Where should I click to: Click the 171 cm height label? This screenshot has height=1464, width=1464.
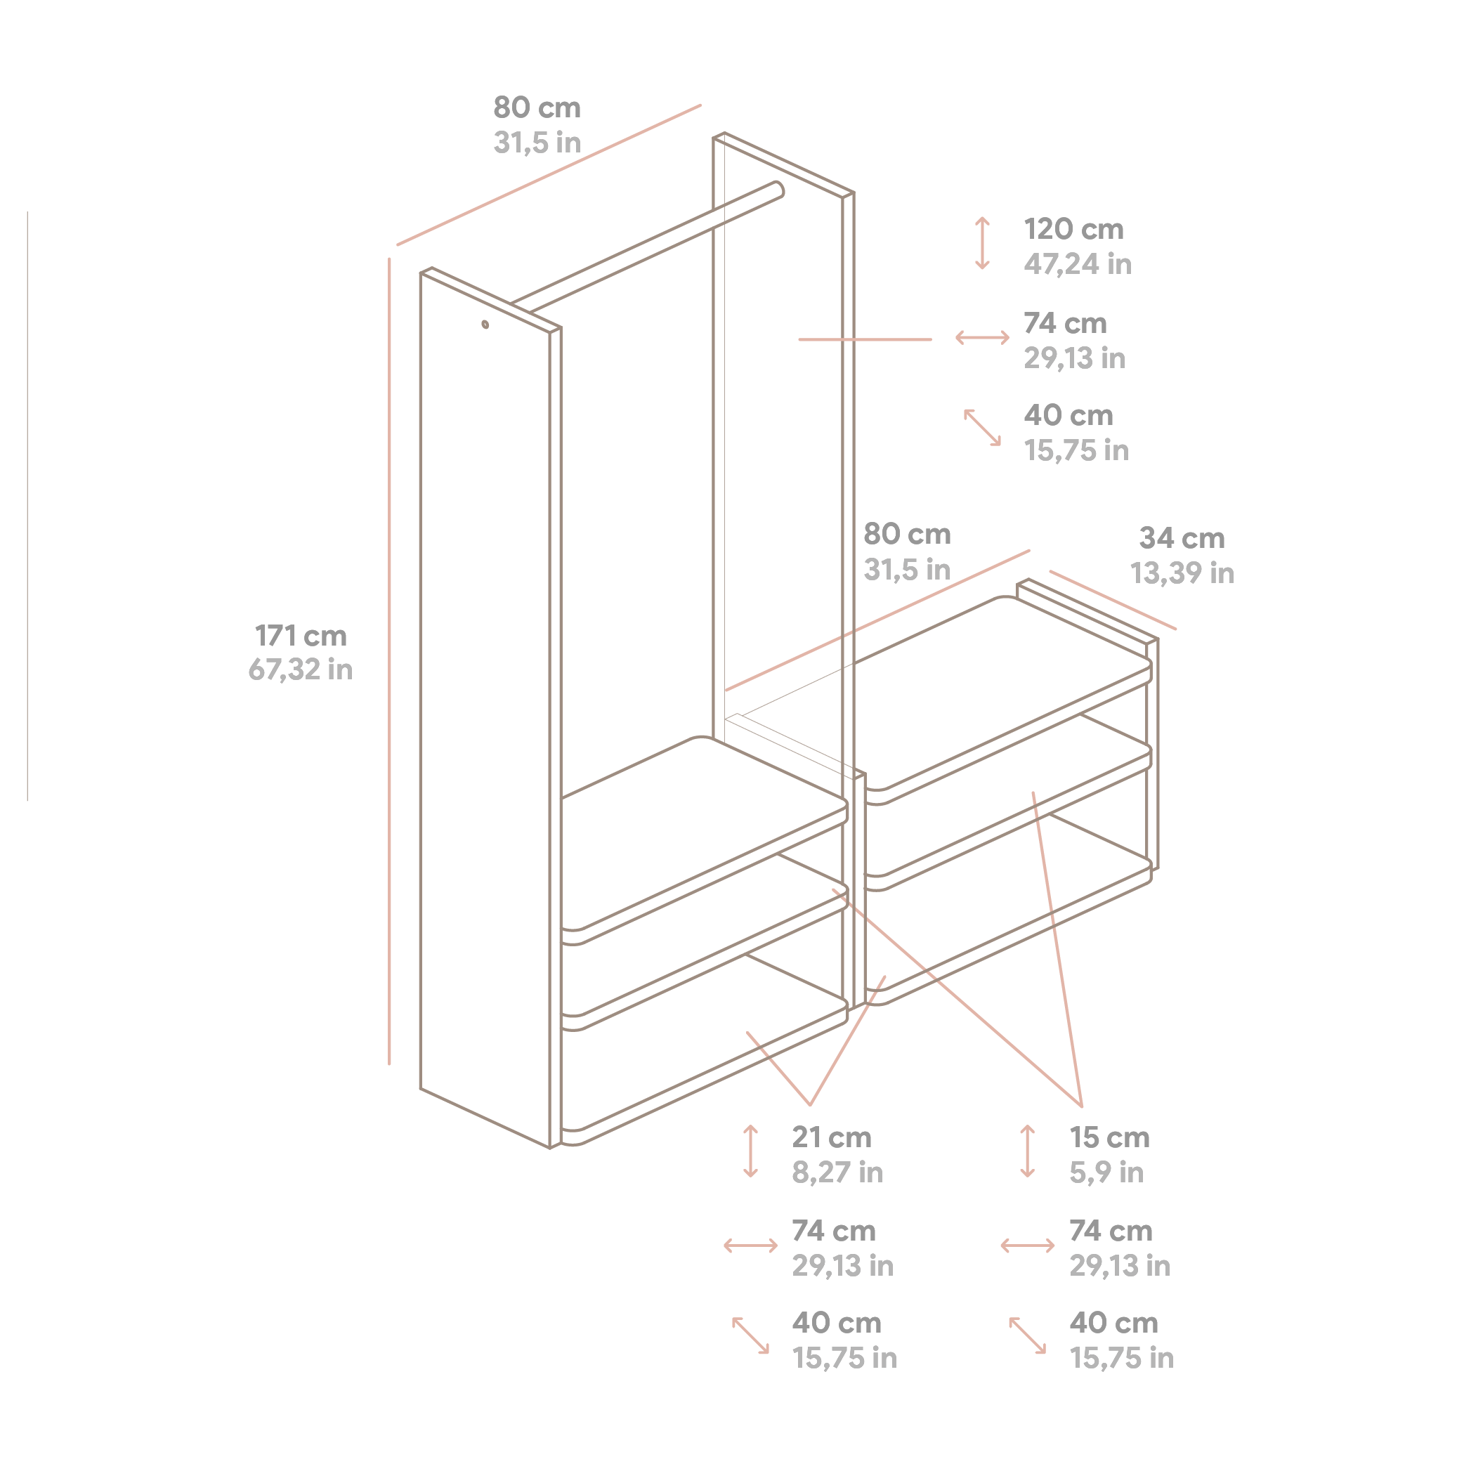tap(300, 636)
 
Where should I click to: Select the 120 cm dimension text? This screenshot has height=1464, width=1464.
tap(1073, 229)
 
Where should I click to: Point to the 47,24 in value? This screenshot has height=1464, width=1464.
tap(1077, 263)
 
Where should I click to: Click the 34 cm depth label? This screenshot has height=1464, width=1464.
tap(1182, 538)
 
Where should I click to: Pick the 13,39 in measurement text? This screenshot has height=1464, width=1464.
tap(1182, 573)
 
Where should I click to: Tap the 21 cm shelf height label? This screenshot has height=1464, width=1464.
tap(831, 1137)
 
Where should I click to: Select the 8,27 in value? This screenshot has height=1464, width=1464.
tap(837, 1172)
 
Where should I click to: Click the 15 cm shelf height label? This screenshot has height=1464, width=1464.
tap(1109, 1137)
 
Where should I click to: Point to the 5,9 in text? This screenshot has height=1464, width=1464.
tap(1106, 1172)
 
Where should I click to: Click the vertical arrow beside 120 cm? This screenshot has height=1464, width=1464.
tap(982, 243)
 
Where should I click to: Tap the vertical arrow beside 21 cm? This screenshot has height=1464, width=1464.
tap(750, 1152)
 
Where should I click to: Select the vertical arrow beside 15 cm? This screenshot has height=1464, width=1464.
tap(1027, 1152)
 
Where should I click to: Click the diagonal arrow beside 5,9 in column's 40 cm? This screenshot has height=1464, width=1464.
tap(1027, 1336)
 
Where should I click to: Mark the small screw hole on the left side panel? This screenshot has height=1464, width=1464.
tap(485, 325)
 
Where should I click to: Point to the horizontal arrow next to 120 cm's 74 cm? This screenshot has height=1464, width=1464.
tap(982, 337)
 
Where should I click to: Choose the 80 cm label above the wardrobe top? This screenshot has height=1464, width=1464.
tap(537, 107)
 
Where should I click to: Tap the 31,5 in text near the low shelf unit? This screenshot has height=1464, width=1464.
tap(906, 569)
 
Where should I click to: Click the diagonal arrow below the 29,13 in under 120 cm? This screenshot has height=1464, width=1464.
tap(982, 427)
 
